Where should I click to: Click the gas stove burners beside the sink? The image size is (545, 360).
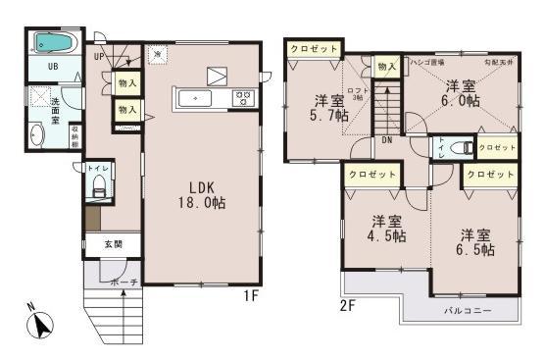click(241, 98)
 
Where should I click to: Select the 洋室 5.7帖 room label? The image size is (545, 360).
click(328, 109)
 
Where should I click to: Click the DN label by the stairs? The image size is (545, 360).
click(387, 139)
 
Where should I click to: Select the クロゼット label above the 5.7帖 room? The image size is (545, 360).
click(314, 48)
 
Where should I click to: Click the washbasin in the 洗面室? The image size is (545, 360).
click(39, 136)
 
